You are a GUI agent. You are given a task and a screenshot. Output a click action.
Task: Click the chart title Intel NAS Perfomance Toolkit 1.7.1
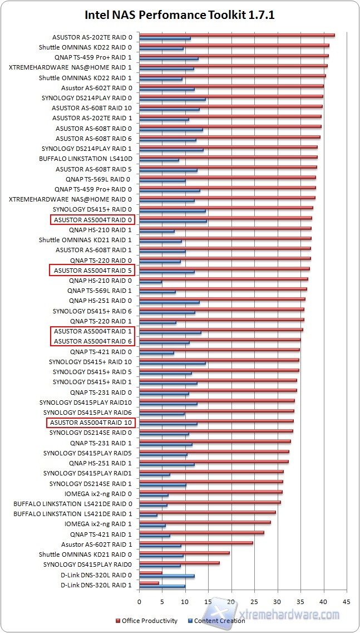(179, 15)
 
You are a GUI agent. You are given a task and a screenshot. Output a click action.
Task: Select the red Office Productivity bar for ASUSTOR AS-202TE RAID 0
(236, 35)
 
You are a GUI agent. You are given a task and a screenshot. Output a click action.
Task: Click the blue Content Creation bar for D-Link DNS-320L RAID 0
(167, 576)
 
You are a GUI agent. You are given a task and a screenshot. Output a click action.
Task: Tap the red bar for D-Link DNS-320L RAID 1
(149, 583)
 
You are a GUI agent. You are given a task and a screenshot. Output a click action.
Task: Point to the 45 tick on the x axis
(346, 602)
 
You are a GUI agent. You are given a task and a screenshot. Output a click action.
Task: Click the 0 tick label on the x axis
(139, 602)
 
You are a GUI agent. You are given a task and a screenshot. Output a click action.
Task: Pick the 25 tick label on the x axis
(254, 602)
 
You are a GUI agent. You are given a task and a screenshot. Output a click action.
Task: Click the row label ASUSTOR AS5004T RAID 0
(93, 220)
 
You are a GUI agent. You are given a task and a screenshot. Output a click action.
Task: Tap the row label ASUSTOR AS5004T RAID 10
(91, 423)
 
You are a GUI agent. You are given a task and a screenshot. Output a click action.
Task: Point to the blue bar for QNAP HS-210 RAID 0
(150, 282)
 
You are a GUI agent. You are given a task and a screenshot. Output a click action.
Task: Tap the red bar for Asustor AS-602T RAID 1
(196, 542)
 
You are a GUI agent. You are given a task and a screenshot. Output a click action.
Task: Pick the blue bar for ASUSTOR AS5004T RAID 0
(173, 221)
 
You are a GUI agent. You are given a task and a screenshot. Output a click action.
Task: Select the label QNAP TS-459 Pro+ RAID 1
(93, 57)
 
